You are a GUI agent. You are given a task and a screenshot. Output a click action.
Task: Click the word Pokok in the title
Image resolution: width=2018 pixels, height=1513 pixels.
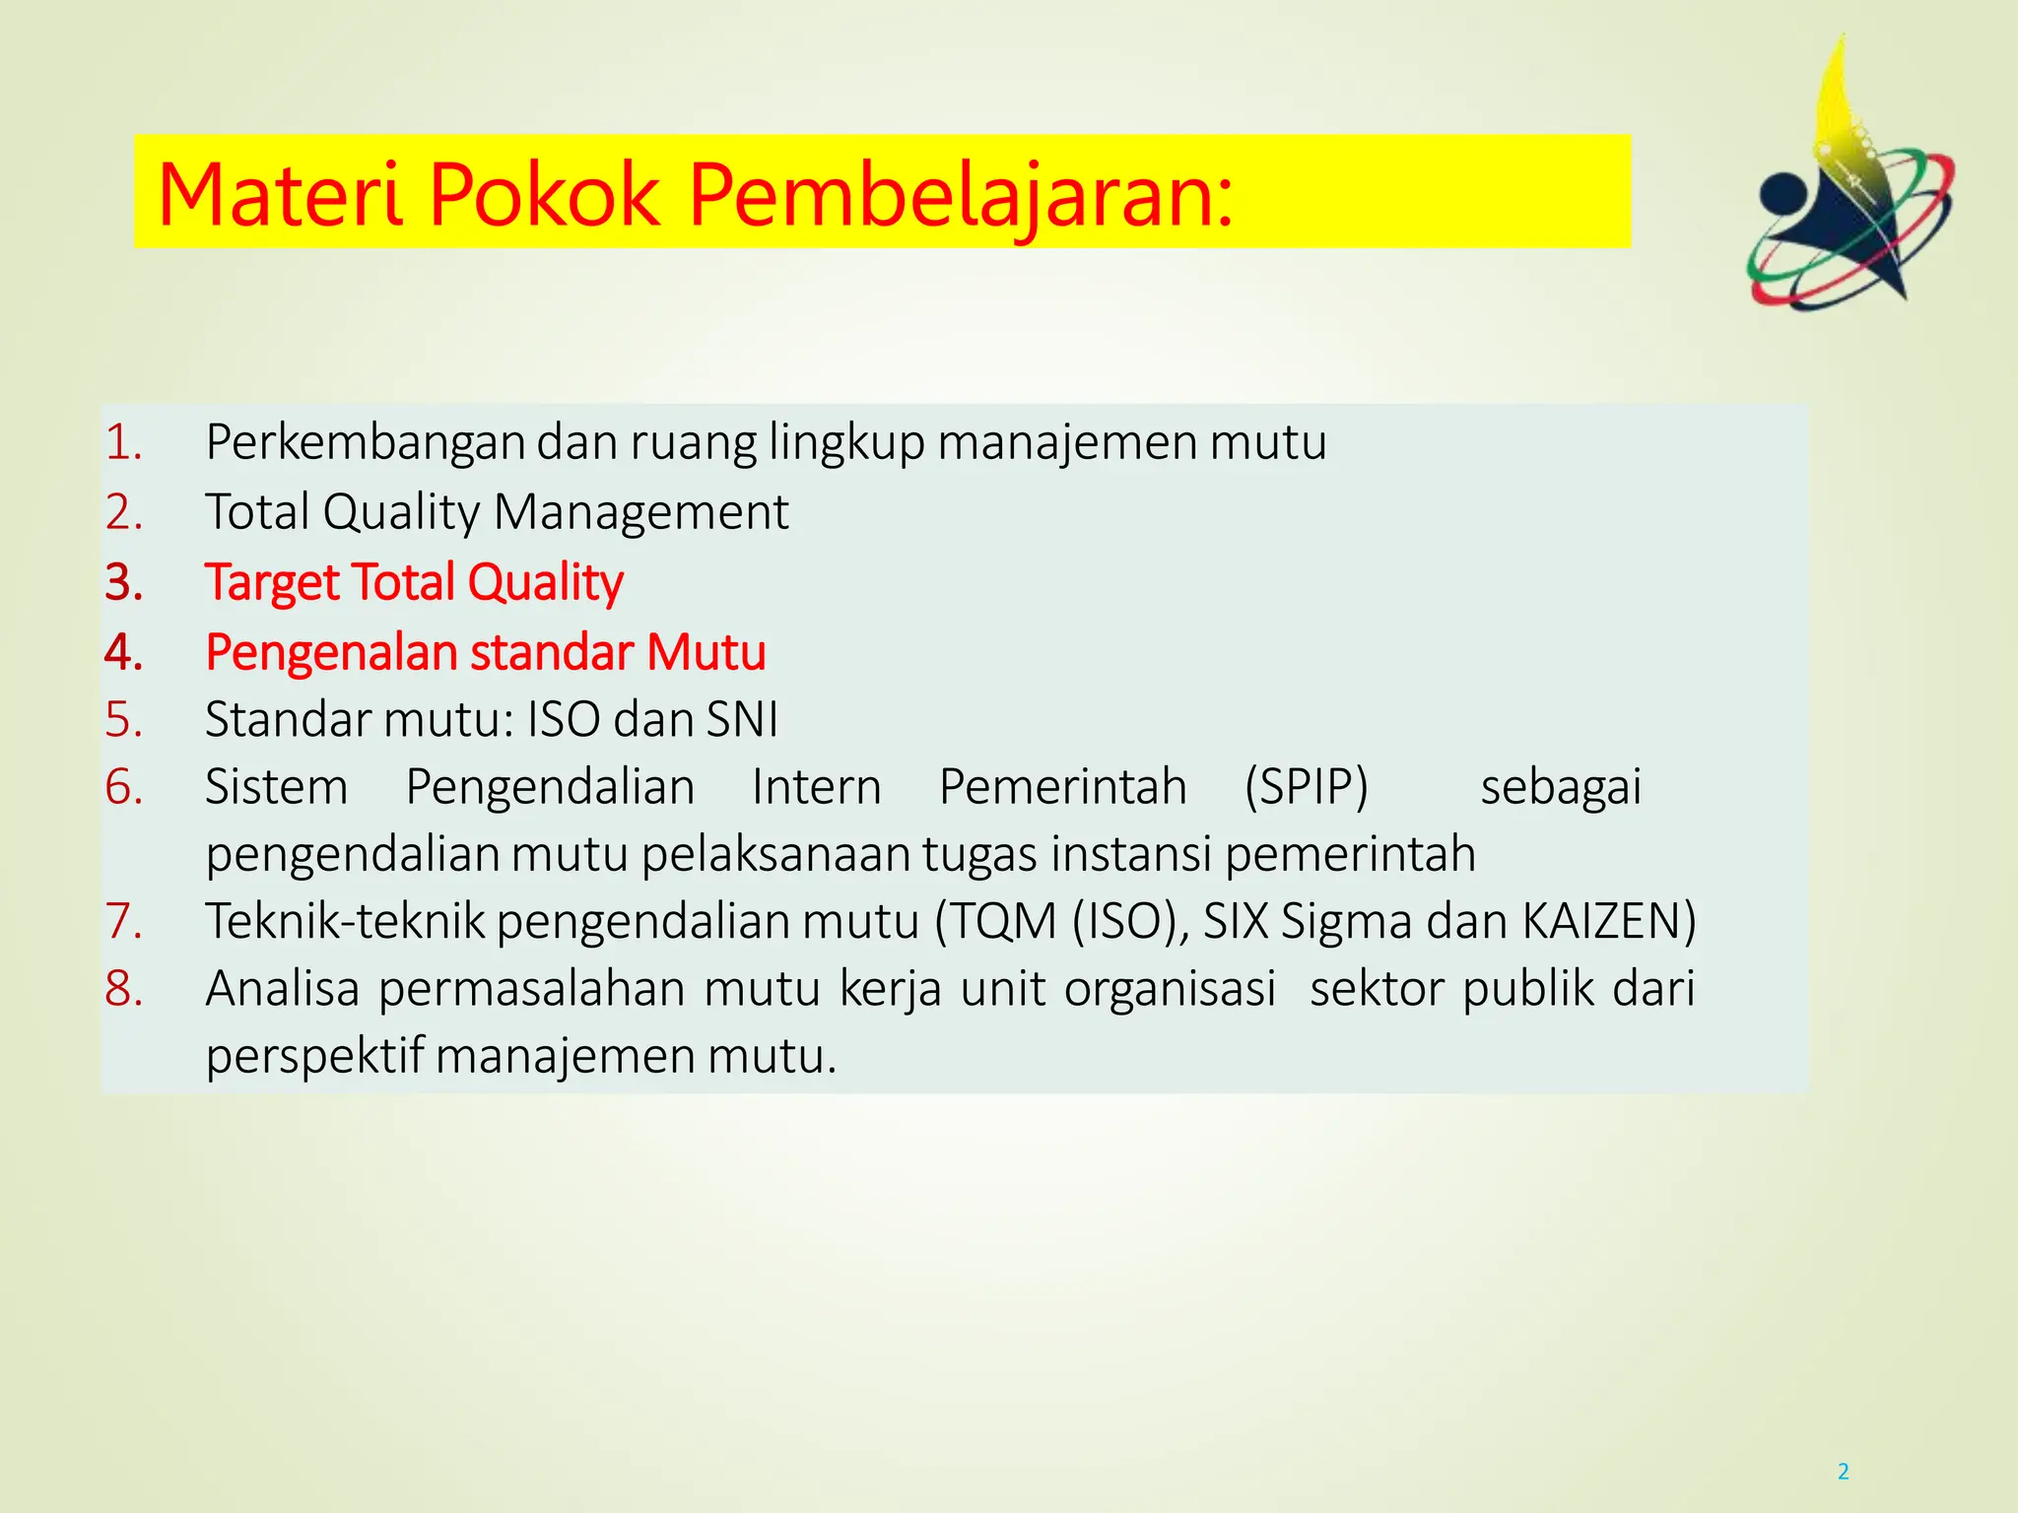click(x=544, y=194)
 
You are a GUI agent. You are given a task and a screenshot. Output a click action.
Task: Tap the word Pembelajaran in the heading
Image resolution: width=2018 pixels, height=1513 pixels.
click(x=960, y=194)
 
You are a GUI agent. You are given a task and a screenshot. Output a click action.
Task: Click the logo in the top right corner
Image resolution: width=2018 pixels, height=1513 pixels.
click(x=1850, y=182)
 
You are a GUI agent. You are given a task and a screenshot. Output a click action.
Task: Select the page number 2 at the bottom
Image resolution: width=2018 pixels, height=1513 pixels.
click(x=1843, y=1472)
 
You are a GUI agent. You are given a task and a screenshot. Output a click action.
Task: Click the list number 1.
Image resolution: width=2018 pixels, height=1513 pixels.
click(x=124, y=442)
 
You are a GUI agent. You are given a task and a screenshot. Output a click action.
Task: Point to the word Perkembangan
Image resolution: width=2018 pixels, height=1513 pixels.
click(x=365, y=442)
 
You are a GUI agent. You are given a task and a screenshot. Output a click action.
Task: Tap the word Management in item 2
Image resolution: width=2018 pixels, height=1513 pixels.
click(x=640, y=512)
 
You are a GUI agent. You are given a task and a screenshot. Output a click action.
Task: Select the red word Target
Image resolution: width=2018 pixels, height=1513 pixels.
click(x=271, y=582)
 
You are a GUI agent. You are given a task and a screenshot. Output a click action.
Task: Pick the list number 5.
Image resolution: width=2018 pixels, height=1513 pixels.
click(x=124, y=720)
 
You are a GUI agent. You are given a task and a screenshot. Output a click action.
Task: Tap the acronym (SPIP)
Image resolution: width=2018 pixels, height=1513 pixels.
click(x=1307, y=787)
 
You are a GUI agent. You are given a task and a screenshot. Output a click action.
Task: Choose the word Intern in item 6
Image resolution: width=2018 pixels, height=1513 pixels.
click(x=816, y=787)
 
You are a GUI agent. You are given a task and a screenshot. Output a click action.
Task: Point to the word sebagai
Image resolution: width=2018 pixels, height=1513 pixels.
click(x=1561, y=787)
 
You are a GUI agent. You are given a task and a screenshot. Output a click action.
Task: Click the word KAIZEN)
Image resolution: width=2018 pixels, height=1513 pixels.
click(x=1609, y=922)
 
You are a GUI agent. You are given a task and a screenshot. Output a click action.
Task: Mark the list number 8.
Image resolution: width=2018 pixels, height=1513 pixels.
click(x=124, y=989)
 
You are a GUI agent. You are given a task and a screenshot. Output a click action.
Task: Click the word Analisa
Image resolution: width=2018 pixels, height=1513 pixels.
click(x=283, y=989)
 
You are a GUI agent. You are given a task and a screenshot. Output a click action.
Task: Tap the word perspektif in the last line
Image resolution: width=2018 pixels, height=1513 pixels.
click(x=314, y=1056)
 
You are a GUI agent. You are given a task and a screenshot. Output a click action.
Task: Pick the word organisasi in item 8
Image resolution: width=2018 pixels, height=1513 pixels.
click(x=1170, y=989)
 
